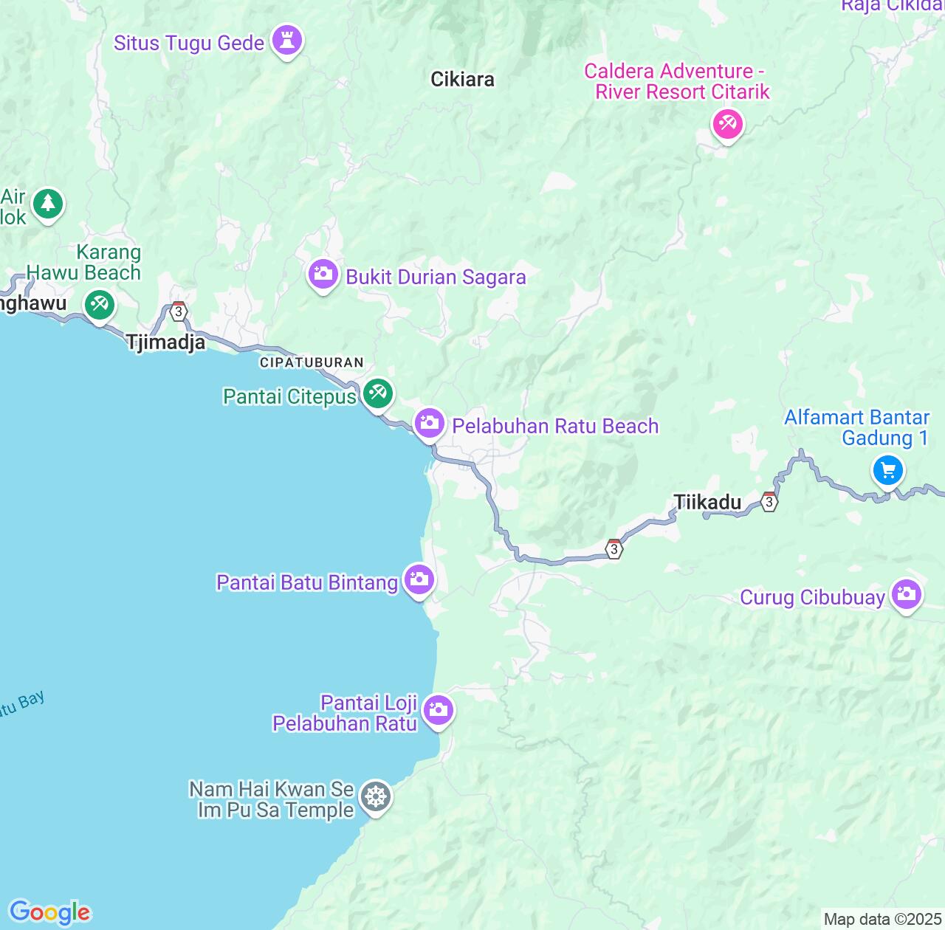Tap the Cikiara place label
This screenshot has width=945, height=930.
(x=462, y=79)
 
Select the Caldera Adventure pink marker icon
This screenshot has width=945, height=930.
(x=727, y=123)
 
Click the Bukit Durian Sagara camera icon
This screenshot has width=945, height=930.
(x=323, y=275)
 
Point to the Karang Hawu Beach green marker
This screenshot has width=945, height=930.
(x=99, y=304)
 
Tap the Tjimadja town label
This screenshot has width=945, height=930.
(x=165, y=342)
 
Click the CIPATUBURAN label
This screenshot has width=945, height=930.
(x=312, y=362)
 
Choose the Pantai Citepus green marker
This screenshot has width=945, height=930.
(x=378, y=392)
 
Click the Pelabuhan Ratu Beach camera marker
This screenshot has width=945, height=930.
(x=429, y=424)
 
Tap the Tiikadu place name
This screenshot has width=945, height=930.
(x=707, y=503)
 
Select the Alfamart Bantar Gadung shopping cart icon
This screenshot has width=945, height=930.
(x=888, y=469)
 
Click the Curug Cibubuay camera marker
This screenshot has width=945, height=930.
(x=907, y=594)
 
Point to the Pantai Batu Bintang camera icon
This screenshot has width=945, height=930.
(x=419, y=579)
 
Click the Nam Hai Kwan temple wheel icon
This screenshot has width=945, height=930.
(x=377, y=797)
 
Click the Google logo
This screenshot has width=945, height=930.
(x=49, y=912)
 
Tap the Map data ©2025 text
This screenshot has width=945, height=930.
(x=882, y=920)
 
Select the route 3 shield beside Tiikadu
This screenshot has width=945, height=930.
(x=769, y=502)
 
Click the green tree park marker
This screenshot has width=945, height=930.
(x=48, y=203)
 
